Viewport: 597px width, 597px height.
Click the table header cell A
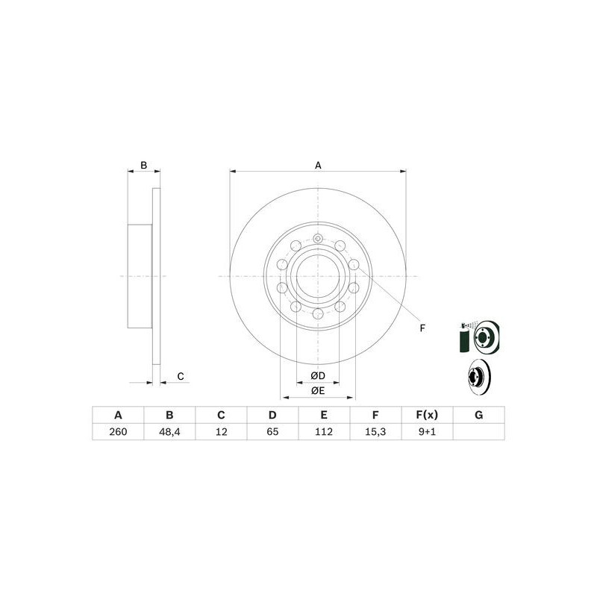click(117, 415)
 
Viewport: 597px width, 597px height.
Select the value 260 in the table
click(117, 432)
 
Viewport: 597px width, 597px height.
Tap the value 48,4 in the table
click(169, 432)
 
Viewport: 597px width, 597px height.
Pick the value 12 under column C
click(221, 432)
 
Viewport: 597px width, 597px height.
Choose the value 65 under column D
click(272, 432)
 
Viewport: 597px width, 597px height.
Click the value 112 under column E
click(324, 432)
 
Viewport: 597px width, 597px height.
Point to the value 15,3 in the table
click(375, 432)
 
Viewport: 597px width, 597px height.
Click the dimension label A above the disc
click(318, 165)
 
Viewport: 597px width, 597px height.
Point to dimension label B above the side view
click(145, 165)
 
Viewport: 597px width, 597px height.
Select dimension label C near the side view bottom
click(181, 377)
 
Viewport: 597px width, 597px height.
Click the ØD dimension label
click(318, 375)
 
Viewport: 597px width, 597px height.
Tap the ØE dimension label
click(318, 390)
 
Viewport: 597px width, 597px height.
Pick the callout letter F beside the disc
click(422, 328)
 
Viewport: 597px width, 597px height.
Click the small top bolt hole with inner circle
click(318, 239)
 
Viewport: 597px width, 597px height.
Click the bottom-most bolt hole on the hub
click(318, 313)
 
